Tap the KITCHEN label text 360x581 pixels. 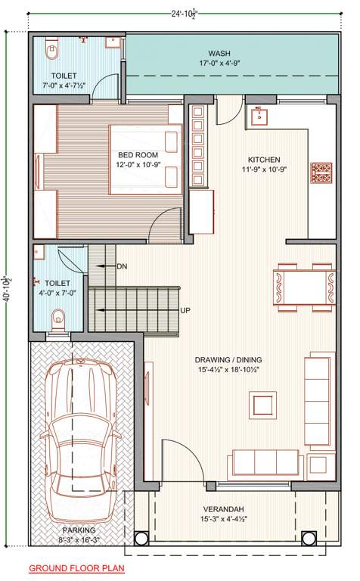point(265,160)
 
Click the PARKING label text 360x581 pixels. point(79,530)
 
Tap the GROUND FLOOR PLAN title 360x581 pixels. point(76,567)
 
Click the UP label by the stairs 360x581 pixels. point(185,310)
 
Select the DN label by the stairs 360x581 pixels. point(122,266)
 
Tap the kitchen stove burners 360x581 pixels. point(320,172)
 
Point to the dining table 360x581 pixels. point(304,287)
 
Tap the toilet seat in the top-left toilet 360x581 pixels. point(51,53)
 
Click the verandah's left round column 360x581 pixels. point(143,539)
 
